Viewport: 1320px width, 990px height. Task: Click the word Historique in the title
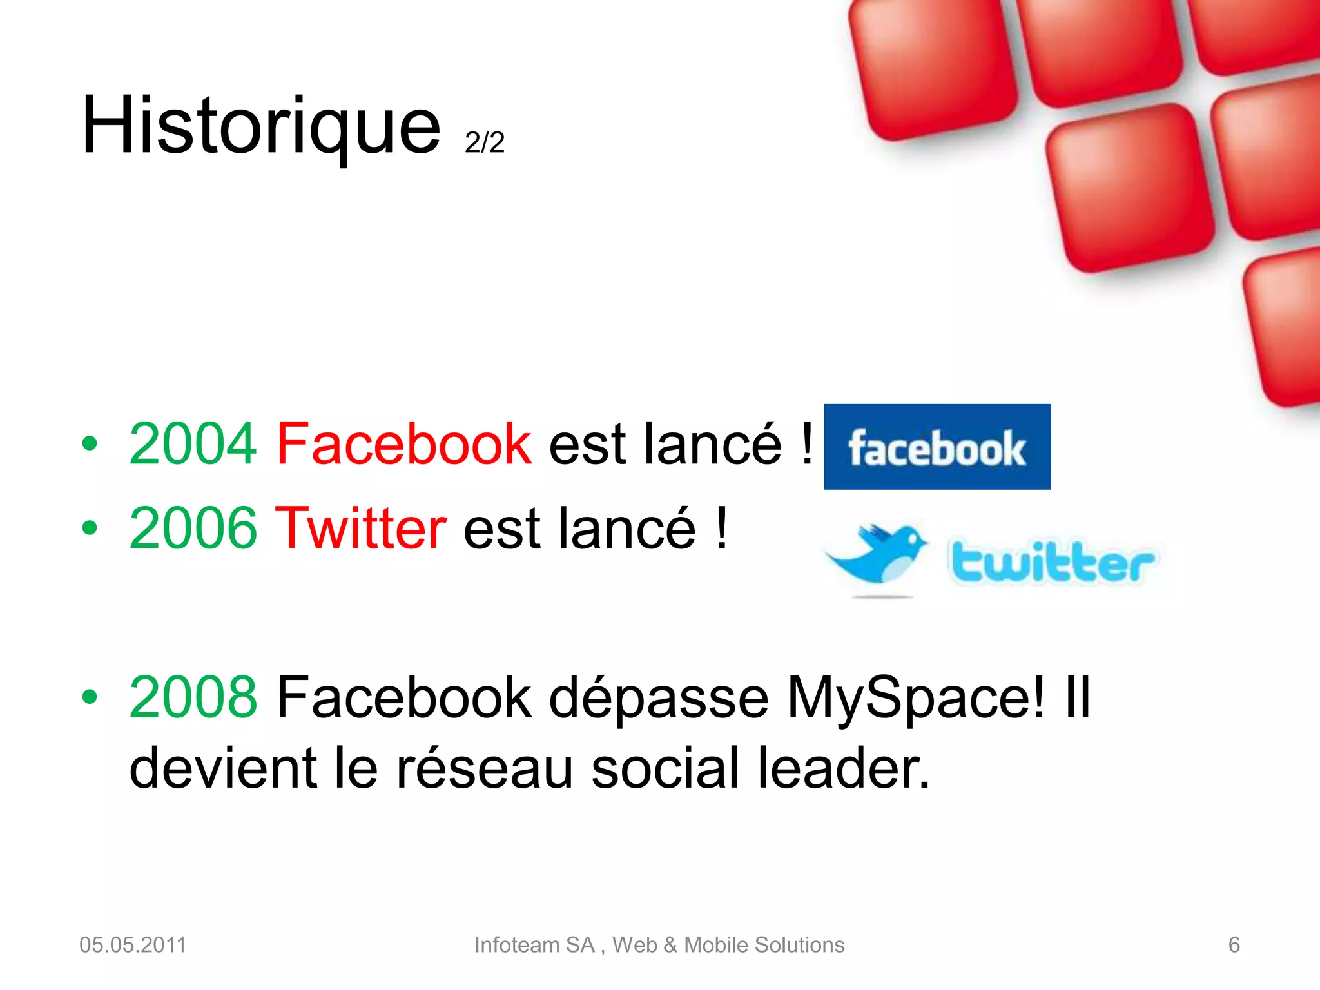point(261,126)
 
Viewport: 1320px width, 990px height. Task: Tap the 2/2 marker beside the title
point(484,142)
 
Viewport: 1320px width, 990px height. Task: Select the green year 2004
point(193,443)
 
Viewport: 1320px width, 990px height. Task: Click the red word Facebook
point(404,443)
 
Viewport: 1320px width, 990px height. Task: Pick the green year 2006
point(193,528)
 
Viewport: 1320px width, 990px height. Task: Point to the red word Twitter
point(360,528)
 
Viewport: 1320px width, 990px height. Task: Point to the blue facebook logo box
point(937,447)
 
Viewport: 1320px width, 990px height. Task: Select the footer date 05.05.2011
point(133,945)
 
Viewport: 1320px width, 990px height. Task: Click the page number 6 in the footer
point(1234,945)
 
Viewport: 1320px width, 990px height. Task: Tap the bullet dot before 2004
point(90,443)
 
